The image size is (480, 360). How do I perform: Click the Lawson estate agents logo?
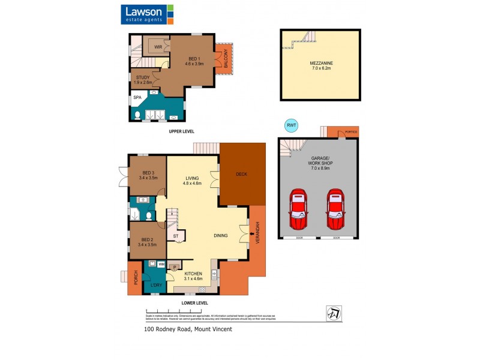point(148,14)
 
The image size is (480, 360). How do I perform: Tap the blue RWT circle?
point(291,125)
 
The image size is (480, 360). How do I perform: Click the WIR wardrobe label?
point(158,47)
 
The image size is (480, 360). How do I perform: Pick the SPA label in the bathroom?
point(137,97)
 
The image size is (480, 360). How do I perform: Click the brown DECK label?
point(242,175)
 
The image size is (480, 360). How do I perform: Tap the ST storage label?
point(176,236)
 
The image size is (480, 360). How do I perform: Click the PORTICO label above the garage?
point(352,132)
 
